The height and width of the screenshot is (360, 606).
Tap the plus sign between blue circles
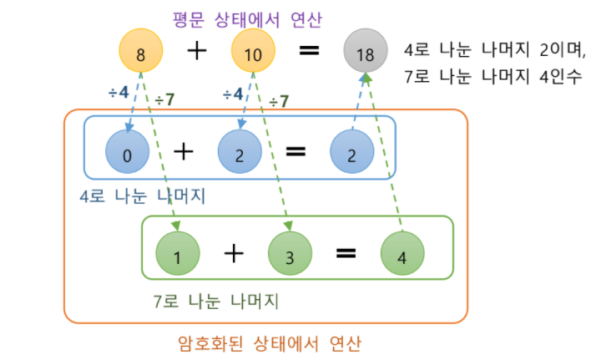(x=183, y=152)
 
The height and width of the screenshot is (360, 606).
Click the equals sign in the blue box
(x=295, y=152)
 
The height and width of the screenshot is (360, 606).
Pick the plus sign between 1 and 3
(x=233, y=253)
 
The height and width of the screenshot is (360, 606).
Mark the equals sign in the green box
(x=346, y=253)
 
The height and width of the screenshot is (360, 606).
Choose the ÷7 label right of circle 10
(x=280, y=101)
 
